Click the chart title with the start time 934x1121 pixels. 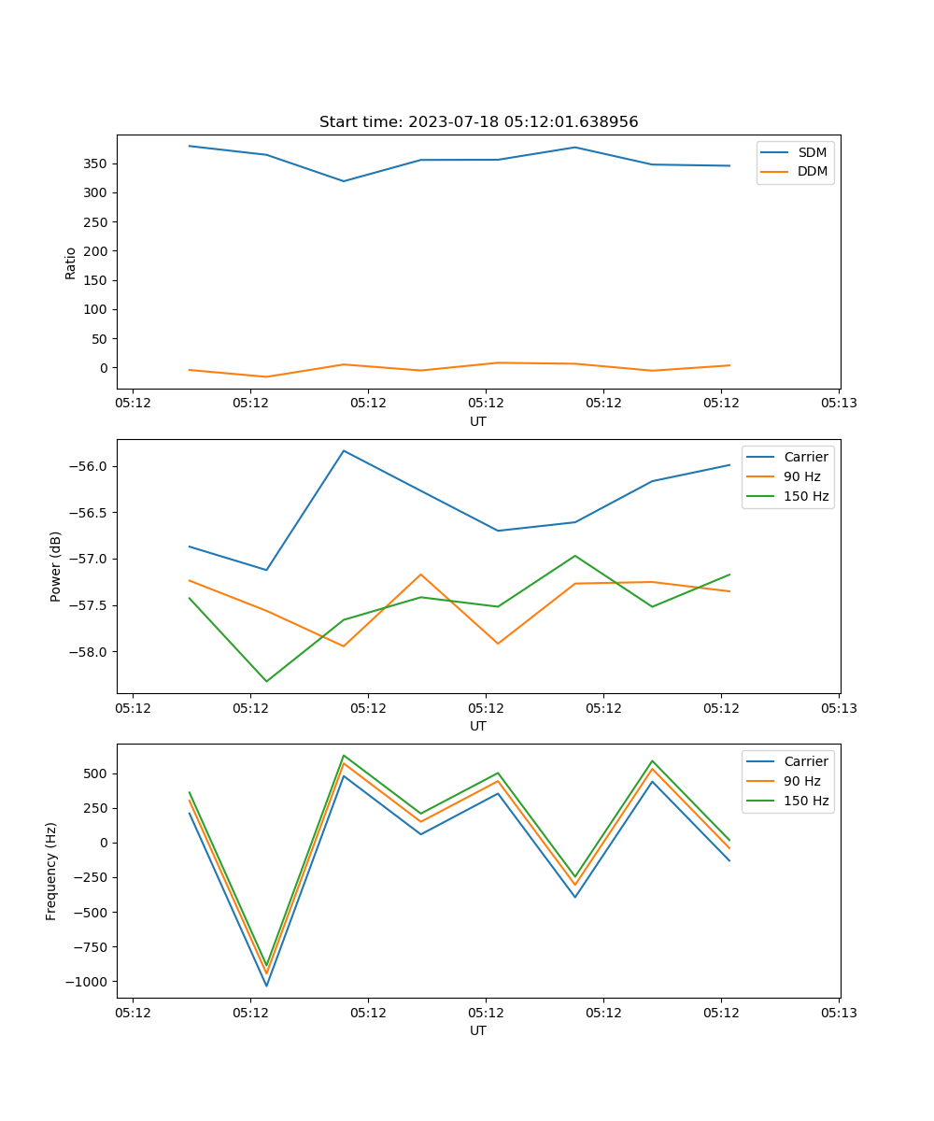click(478, 122)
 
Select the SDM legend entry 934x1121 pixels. click(812, 152)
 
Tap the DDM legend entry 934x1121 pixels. click(812, 171)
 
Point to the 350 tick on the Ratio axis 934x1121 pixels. click(94, 163)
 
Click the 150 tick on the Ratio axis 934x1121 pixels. click(94, 280)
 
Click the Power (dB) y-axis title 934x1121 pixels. click(56, 566)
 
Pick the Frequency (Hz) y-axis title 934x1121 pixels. click(51, 871)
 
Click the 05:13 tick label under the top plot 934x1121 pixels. click(839, 404)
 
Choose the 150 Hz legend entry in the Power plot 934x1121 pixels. click(806, 496)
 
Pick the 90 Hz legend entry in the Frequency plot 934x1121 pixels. click(801, 781)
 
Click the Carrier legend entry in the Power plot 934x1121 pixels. click(805, 457)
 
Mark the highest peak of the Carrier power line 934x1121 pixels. click(344, 450)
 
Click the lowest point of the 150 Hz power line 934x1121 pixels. click(266, 681)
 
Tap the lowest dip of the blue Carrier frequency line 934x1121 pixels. click(266, 986)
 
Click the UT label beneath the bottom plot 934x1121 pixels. click(478, 1030)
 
